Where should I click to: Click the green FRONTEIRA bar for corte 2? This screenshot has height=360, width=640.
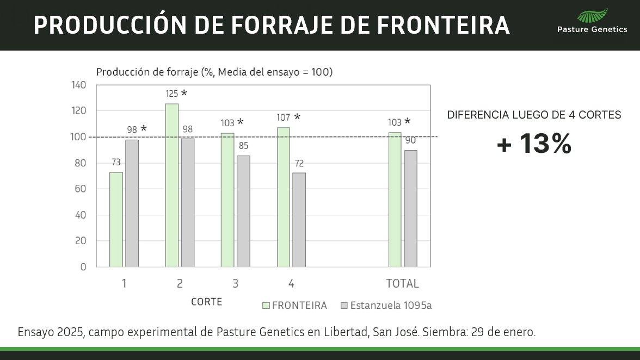tap(171, 185)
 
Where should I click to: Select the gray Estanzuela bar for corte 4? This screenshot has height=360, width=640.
tap(299, 220)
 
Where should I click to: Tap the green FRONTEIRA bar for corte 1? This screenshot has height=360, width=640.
tap(116, 219)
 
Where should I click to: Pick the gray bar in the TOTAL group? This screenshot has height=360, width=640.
tap(411, 208)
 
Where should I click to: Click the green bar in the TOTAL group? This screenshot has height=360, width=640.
tap(395, 200)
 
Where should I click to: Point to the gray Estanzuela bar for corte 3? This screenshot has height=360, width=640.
tap(243, 211)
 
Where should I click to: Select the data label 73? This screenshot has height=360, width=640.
tap(116, 163)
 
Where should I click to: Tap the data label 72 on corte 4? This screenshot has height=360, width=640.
tap(299, 164)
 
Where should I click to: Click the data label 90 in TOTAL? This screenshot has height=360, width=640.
tap(411, 141)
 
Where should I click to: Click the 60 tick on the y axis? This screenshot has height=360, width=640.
tap(81, 189)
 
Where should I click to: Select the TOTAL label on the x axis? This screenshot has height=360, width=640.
tap(402, 283)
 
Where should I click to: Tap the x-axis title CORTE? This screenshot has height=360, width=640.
tap(206, 302)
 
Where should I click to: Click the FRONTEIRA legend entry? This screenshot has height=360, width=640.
tap(294, 306)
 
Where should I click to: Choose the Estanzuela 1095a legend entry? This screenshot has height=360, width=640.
tap(385, 306)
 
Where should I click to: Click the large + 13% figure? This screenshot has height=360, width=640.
tap(534, 144)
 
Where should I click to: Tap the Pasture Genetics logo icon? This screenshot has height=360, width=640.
tap(592, 16)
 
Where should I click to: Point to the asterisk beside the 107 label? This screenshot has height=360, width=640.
tap(297, 116)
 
